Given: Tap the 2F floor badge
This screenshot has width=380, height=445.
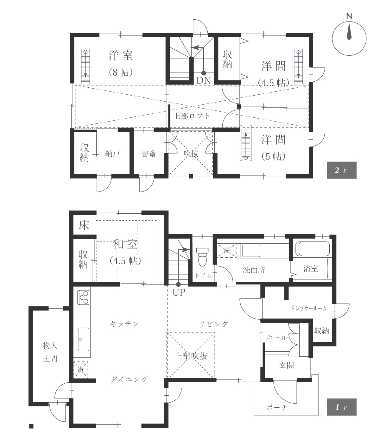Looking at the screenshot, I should [341, 170].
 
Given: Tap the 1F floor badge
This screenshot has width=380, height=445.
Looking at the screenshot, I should [341, 407].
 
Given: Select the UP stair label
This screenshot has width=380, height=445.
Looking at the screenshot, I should [179, 292].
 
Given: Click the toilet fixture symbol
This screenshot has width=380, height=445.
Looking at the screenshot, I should [202, 256].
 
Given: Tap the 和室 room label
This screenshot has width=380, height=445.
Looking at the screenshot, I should [125, 245].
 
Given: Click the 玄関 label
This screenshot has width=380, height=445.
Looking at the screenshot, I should [286, 366].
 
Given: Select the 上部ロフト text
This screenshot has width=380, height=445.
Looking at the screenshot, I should [191, 116].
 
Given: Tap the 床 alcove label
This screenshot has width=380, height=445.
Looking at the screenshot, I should [84, 226].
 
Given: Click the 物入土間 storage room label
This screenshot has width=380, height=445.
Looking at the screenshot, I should [50, 352].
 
